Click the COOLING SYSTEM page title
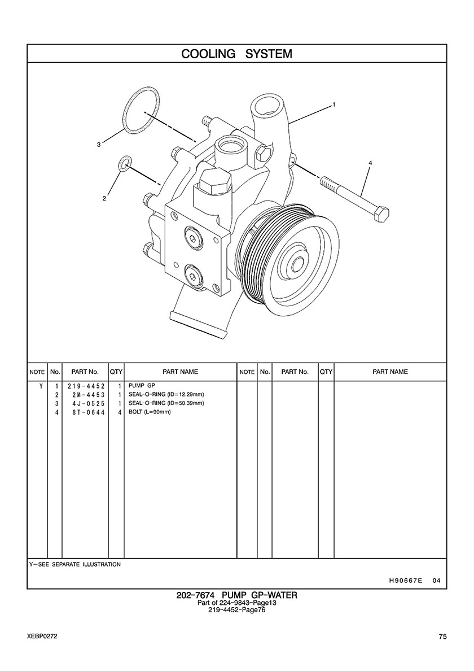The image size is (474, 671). [237, 54]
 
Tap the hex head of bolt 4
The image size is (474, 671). [381, 213]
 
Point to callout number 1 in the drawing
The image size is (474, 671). [333, 104]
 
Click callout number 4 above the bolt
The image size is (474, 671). [370, 163]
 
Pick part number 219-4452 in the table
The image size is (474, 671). [86, 386]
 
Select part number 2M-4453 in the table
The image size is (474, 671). [89, 395]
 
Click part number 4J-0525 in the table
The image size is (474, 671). [89, 403]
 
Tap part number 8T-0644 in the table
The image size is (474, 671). [89, 412]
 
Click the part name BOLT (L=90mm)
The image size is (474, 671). [150, 412]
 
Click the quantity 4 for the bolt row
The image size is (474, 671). [120, 412]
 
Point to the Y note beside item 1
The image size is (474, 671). [41, 386]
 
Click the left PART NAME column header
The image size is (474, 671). [181, 372]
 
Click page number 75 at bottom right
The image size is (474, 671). [443, 637]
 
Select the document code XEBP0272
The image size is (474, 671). [42, 637]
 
